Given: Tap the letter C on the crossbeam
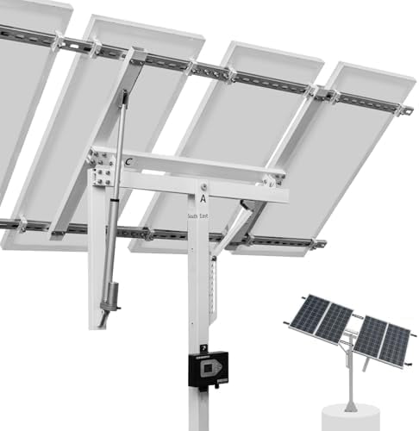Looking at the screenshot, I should point(128,160).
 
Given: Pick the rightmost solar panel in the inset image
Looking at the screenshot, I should point(396,345).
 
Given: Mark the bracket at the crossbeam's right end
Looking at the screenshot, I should point(274,180).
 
